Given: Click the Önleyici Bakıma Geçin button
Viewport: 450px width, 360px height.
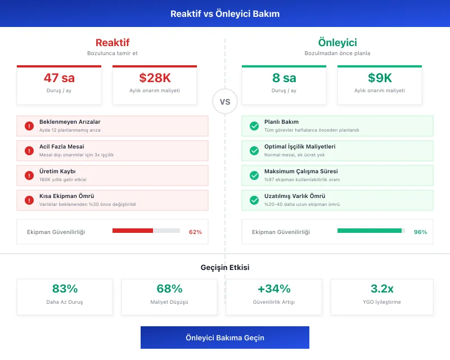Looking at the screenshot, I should tap(225, 337).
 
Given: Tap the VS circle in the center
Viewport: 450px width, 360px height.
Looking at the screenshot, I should tap(225, 102).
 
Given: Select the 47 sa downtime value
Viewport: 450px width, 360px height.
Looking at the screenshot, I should tap(59, 78).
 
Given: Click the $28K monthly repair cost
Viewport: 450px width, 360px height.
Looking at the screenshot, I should tap(155, 78).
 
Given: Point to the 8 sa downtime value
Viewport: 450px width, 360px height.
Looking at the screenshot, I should tap(284, 78).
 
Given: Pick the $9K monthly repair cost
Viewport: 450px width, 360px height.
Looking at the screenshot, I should tap(380, 78).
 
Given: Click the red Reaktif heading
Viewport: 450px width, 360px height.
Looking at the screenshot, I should tap(112, 43).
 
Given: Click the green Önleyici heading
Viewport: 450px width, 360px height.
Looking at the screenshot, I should tap(337, 43).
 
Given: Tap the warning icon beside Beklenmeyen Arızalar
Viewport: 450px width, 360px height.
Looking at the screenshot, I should tap(29, 126).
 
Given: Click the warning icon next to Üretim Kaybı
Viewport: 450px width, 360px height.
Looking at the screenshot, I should tap(29, 175).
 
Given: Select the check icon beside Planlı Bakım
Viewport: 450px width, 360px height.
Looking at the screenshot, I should tap(254, 126).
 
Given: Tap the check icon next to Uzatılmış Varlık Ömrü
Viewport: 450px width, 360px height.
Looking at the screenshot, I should tap(254, 200).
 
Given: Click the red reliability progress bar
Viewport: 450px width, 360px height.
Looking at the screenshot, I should tap(146, 231).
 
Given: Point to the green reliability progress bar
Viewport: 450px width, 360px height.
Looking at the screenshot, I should tap(371, 231).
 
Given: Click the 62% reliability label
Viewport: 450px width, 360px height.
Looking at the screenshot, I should tap(195, 232).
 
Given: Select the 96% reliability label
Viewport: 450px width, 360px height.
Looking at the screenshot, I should tap(420, 232).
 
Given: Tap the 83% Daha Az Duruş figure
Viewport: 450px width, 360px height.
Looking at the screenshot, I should tap(65, 289).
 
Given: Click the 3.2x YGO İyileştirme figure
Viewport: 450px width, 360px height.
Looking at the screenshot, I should tap(382, 289).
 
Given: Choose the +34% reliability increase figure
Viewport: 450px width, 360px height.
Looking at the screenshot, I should tap(274, 289).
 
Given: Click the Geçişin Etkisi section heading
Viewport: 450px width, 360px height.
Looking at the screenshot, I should tap(225, 268).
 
